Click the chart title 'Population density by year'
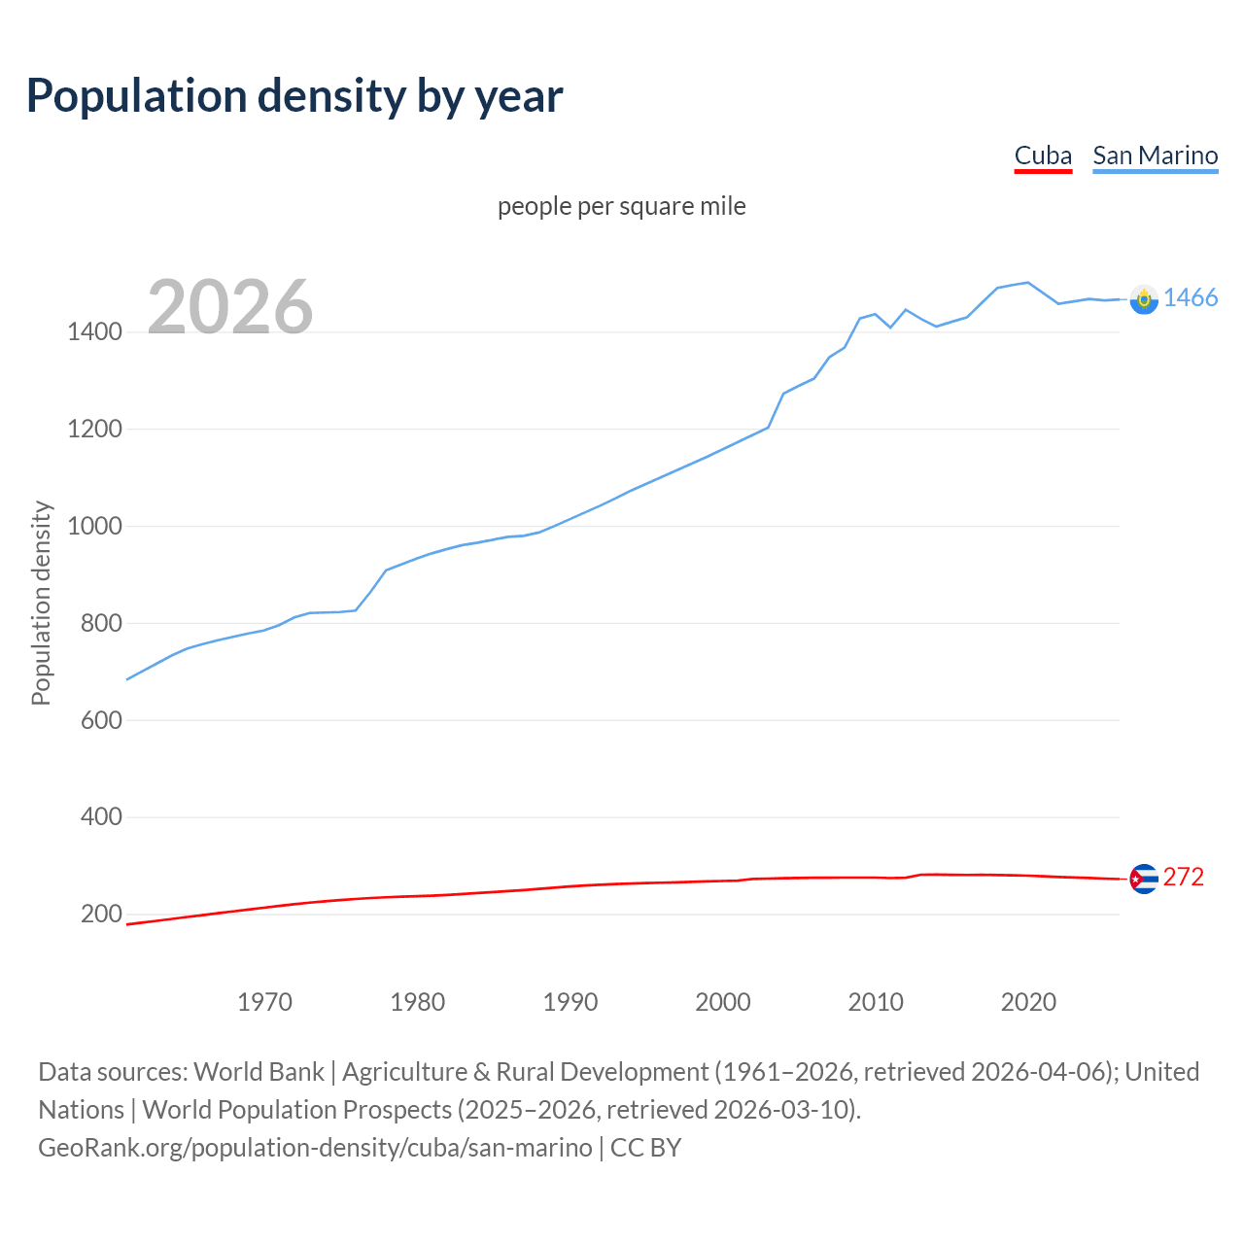coord(294,96)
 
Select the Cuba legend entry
coord(1043,155)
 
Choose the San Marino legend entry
coord(1155,155)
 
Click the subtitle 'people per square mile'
coord(621,206)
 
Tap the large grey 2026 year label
coord(230,307)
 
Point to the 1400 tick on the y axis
coord(94,332)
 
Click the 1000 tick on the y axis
coord(94,526)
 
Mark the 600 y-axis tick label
coord(101,720)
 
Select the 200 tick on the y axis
coord(101,914)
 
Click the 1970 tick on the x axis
coord(264,1002)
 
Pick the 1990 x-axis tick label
coord(570,1002)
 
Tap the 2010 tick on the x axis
coord(876,1002)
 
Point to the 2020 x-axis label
coord(1028,1002)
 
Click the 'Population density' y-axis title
coord(41,603)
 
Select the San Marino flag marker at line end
coord(1144,299)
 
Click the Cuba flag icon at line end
coord(1144,879)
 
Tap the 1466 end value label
coord(1190,298)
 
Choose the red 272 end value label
coord(1183,877)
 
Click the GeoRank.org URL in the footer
coord(315,1148)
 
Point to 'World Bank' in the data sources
coord(259,1072)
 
